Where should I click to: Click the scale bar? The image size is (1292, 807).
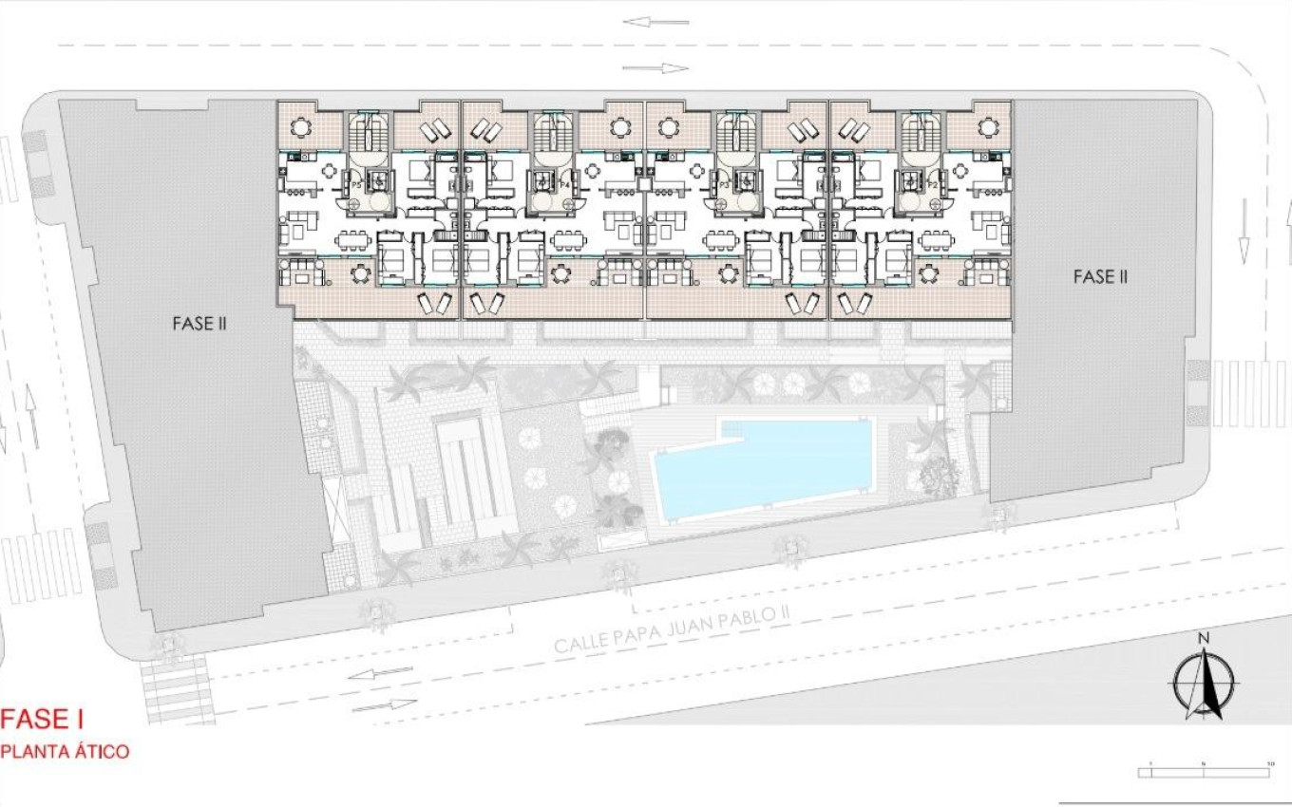coord(1206,770)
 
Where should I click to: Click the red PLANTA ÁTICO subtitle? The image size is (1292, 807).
coord(65,751)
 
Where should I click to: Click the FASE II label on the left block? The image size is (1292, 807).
coord(199,323)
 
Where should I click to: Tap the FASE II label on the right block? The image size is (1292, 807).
coord(1100,276)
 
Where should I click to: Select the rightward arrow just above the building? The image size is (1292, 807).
coord(655,67)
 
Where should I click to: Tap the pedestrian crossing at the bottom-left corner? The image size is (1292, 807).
coord(177,688)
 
